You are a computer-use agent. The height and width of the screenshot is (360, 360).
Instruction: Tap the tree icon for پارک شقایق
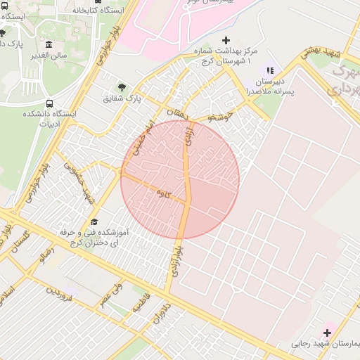(x=123, y=87)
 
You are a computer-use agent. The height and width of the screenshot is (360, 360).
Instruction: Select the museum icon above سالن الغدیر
(x=48, y=45)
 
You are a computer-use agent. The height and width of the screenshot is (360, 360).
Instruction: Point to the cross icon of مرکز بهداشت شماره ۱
(x=226, y=41)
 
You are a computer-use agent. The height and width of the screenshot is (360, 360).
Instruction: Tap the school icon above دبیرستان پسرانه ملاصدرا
(x=269, y=70)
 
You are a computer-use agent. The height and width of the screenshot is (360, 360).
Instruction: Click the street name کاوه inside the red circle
(x=163, y=193)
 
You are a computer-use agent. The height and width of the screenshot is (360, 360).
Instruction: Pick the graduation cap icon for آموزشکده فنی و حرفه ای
(x=94, y=221)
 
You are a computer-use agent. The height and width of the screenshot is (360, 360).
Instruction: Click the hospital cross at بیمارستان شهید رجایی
(x=328, y=332)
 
